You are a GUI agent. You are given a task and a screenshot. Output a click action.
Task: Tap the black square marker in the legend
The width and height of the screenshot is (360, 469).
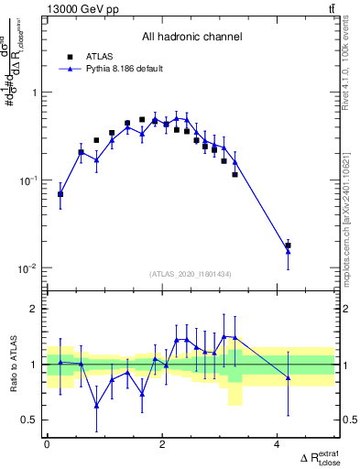71,56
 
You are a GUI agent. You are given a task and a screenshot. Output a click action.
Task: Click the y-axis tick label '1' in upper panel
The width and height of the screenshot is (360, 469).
35,93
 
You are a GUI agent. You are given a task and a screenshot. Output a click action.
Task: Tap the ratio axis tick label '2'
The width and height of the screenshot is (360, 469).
35,309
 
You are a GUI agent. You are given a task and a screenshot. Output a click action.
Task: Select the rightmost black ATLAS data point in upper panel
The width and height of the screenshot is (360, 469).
288,245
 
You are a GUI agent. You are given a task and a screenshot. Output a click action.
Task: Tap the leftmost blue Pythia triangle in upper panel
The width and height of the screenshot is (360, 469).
60,194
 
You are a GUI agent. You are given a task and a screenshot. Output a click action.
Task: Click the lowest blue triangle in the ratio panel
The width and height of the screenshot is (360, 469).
95,405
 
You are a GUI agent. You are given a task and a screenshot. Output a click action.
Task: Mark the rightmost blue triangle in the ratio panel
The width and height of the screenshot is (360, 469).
289,377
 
